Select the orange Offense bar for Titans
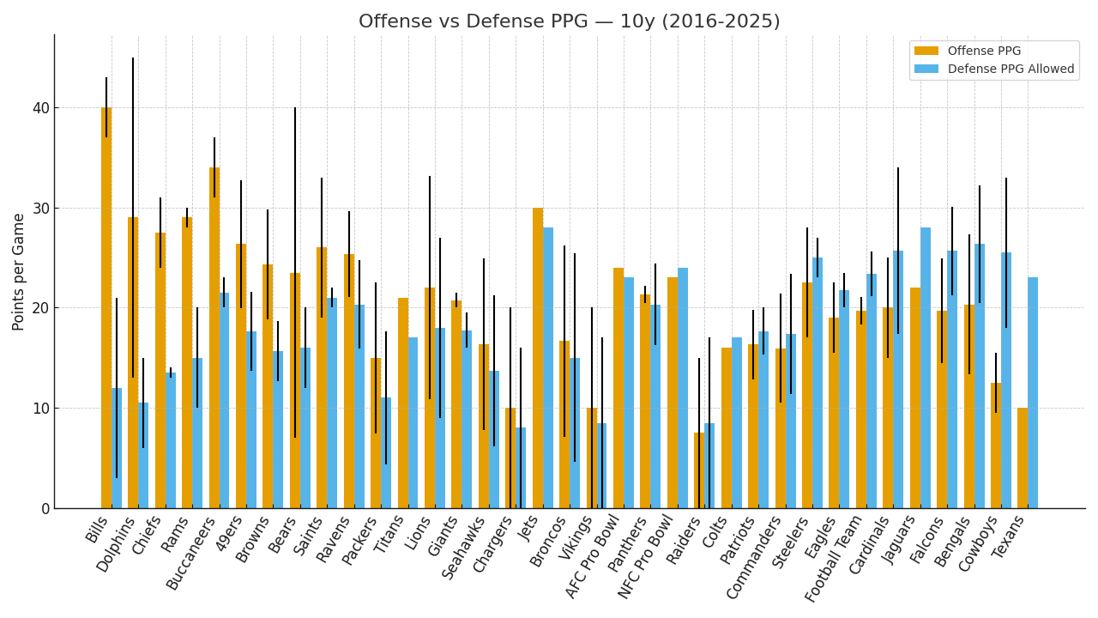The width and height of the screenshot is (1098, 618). [403, 403]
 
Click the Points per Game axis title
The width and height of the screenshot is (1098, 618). [19, 271]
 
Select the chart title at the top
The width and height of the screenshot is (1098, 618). [569, 21]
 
